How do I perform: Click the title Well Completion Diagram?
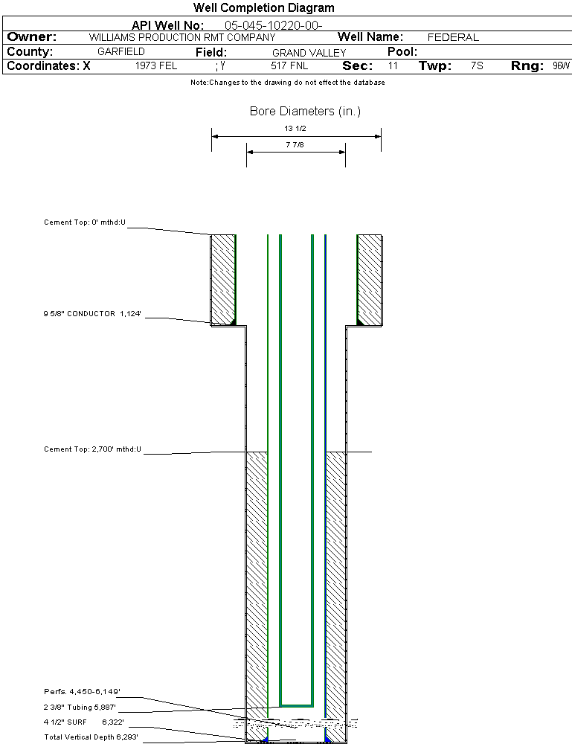(x=263, y=8)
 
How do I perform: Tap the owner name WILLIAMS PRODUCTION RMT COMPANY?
(x=181, y=37)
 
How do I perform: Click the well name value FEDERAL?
(x=453, y=37)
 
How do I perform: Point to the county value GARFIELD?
(x=121, y=52)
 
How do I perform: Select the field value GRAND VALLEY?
(x=309, y=53)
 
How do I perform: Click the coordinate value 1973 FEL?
(x=156, y=66)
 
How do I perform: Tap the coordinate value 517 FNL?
(x=289, y=66)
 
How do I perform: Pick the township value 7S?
(x=477, y=66)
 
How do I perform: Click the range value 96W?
(x=561, y=66)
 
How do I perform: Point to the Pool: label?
(x=402, y=52)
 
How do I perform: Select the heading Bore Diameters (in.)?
(x=305, y=112)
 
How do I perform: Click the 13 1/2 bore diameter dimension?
(x=295, y=129)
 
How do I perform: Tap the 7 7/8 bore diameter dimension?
(x=295, y=144)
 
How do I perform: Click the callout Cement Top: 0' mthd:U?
(x=86, y=222)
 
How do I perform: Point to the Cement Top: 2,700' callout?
(x=92, y=449)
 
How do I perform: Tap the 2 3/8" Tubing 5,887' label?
(x=80, y=708)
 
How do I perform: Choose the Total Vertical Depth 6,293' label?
(x=91, y=737)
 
